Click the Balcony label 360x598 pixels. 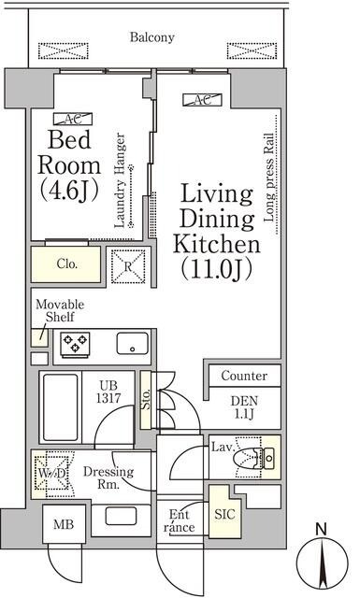pyautogui.click(x=151, y=38)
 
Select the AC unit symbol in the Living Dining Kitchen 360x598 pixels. pyautogui.click(x=201, y=100)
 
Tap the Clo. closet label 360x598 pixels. pyautogui.click(x=66, y=264)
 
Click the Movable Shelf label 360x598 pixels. pyautogui.click(x=60, y=312)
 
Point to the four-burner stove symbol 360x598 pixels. pyautogui.click(x=75, y=345)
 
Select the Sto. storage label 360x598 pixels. pyautogui.click(x=146, y=399)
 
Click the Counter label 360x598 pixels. pyautogui.click(x=244, y=376)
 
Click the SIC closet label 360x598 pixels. pyautogui.click(x=224, y=514)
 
